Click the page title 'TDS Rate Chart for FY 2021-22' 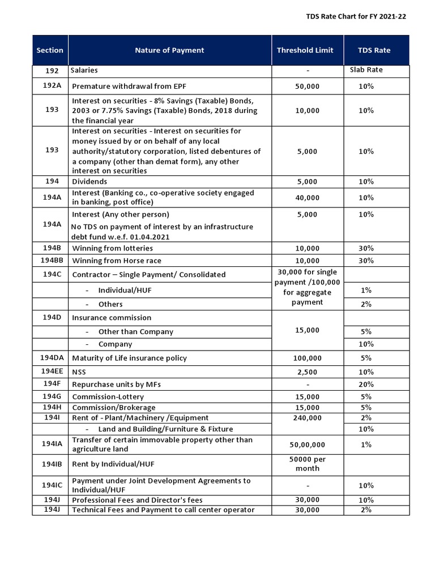tap(356, 16)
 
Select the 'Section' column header tap(50, 50)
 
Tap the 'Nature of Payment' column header tap(169, 50)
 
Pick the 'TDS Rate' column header tap(374, 50)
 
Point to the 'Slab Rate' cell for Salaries tap(366, 70)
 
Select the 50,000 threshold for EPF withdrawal tap(307, 86)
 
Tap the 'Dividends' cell tap(89, 182)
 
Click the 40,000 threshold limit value tap(307, 198)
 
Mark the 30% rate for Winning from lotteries tap(366, 248)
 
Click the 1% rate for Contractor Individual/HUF tap(366, 290)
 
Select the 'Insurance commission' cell tap(112, 318)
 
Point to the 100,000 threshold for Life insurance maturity tap(307, 358)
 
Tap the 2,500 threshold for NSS tap(307, 372)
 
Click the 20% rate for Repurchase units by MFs tap(366, 384)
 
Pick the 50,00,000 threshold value tap(307, 445)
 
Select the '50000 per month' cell tap(307, 464)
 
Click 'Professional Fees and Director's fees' tap(137, 500)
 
